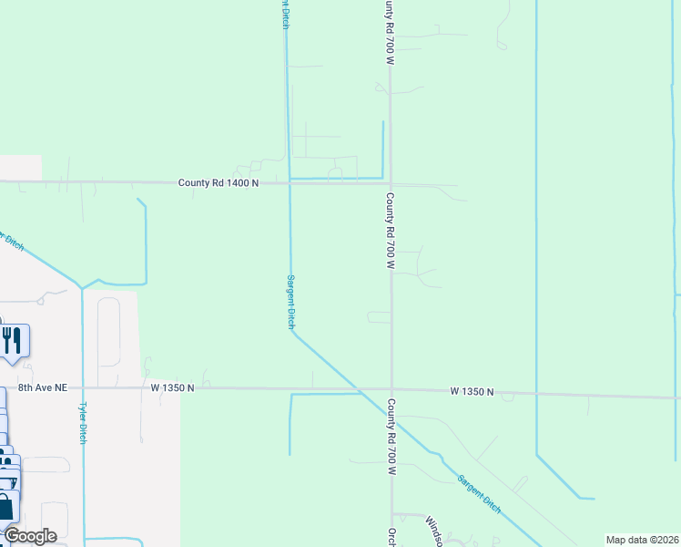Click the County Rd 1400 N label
pyautogui.click(x=219, y=183)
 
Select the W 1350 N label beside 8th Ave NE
pyautogui.click(x=173, y=387)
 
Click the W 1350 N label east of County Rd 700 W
pyautogui.click(x=472, y=392)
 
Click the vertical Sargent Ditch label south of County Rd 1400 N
pyautogui.click(x=291, y=302)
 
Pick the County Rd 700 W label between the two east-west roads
pyautogui.click(x=390, y=232)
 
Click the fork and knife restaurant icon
pyautogui.click(x=12, y=341)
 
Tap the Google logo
pyautogui.click(x=30, y=536)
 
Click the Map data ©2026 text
pyautogui.click(x=642, y=540)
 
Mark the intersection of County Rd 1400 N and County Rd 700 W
pyautogui.click(x=390, y=183)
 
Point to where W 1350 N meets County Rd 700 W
pyautogui.click(x=391, y=389)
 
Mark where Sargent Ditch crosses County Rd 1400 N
pyautogui.click(x=290, y=182)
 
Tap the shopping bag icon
pyautogui.click(x=5, y=506)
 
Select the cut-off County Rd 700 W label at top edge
pyautogui.click(x=390, y=32)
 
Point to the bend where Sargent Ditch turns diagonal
pyautogui.click(x=292, y=332)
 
